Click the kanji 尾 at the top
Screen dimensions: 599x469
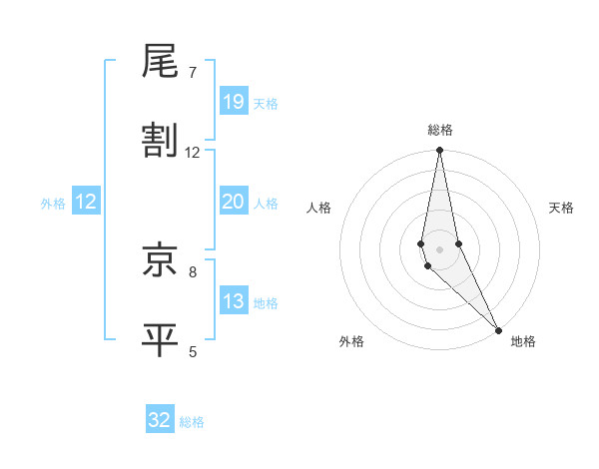[x=160, y=62]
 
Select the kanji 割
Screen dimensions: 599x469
[x=160, y=142]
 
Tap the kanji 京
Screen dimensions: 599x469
[x=160, y=260]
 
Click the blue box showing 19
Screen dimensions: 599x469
[x=233, y=102]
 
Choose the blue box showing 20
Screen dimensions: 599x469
[x=233, y=202]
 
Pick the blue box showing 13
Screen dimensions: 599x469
[x=233, y=301]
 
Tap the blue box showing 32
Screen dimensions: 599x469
[x=160, y=420]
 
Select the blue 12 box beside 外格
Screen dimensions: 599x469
[x=86, y=202]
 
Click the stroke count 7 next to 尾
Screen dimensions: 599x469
[x=193, y=73]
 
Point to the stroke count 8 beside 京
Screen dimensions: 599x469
[x=193, y=271]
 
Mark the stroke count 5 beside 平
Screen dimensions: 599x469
[x=193, y=351]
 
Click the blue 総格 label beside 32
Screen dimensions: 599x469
[x=192, y=422]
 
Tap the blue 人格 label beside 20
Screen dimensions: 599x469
[x=266, y=204]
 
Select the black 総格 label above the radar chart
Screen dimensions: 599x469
[x=439, y=131]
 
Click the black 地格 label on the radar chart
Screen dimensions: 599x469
[x=523, y=342]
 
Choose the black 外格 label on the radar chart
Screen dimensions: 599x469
[x=351, y=342]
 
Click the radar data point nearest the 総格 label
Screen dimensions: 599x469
[x=439, y=151]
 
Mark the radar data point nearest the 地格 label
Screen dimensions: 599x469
[x=498, y=329]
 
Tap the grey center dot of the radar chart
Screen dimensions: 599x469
[x=439, y=249]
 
